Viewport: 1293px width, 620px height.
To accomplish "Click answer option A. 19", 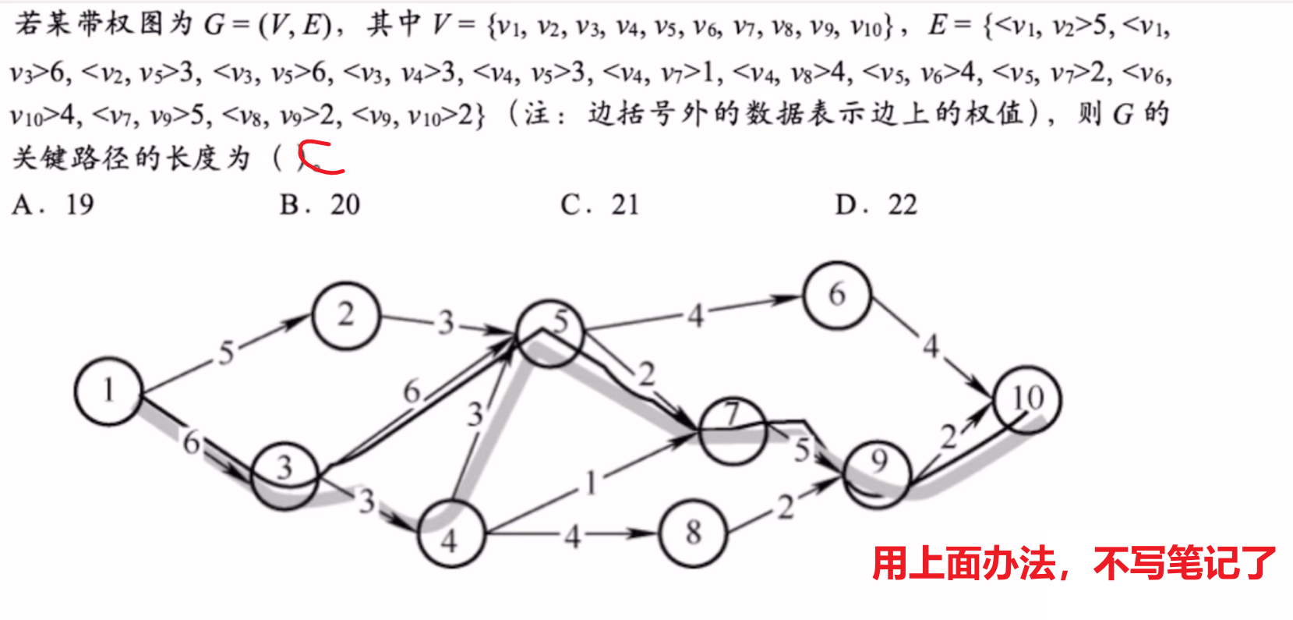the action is point(53,204).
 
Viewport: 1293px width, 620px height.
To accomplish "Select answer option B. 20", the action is point(320,204).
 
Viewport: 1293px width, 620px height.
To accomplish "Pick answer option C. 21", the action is point(600,204).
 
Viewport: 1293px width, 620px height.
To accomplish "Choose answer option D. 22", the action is point(876,204).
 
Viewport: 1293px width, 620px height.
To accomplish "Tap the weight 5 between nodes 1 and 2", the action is point(226,352).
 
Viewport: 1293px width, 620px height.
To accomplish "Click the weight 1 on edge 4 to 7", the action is point(591,483).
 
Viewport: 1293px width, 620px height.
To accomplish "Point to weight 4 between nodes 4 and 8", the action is point(572,537).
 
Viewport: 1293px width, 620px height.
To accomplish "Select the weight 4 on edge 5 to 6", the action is point(695,316).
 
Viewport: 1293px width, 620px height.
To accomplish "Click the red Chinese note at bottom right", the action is point(1074,563).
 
